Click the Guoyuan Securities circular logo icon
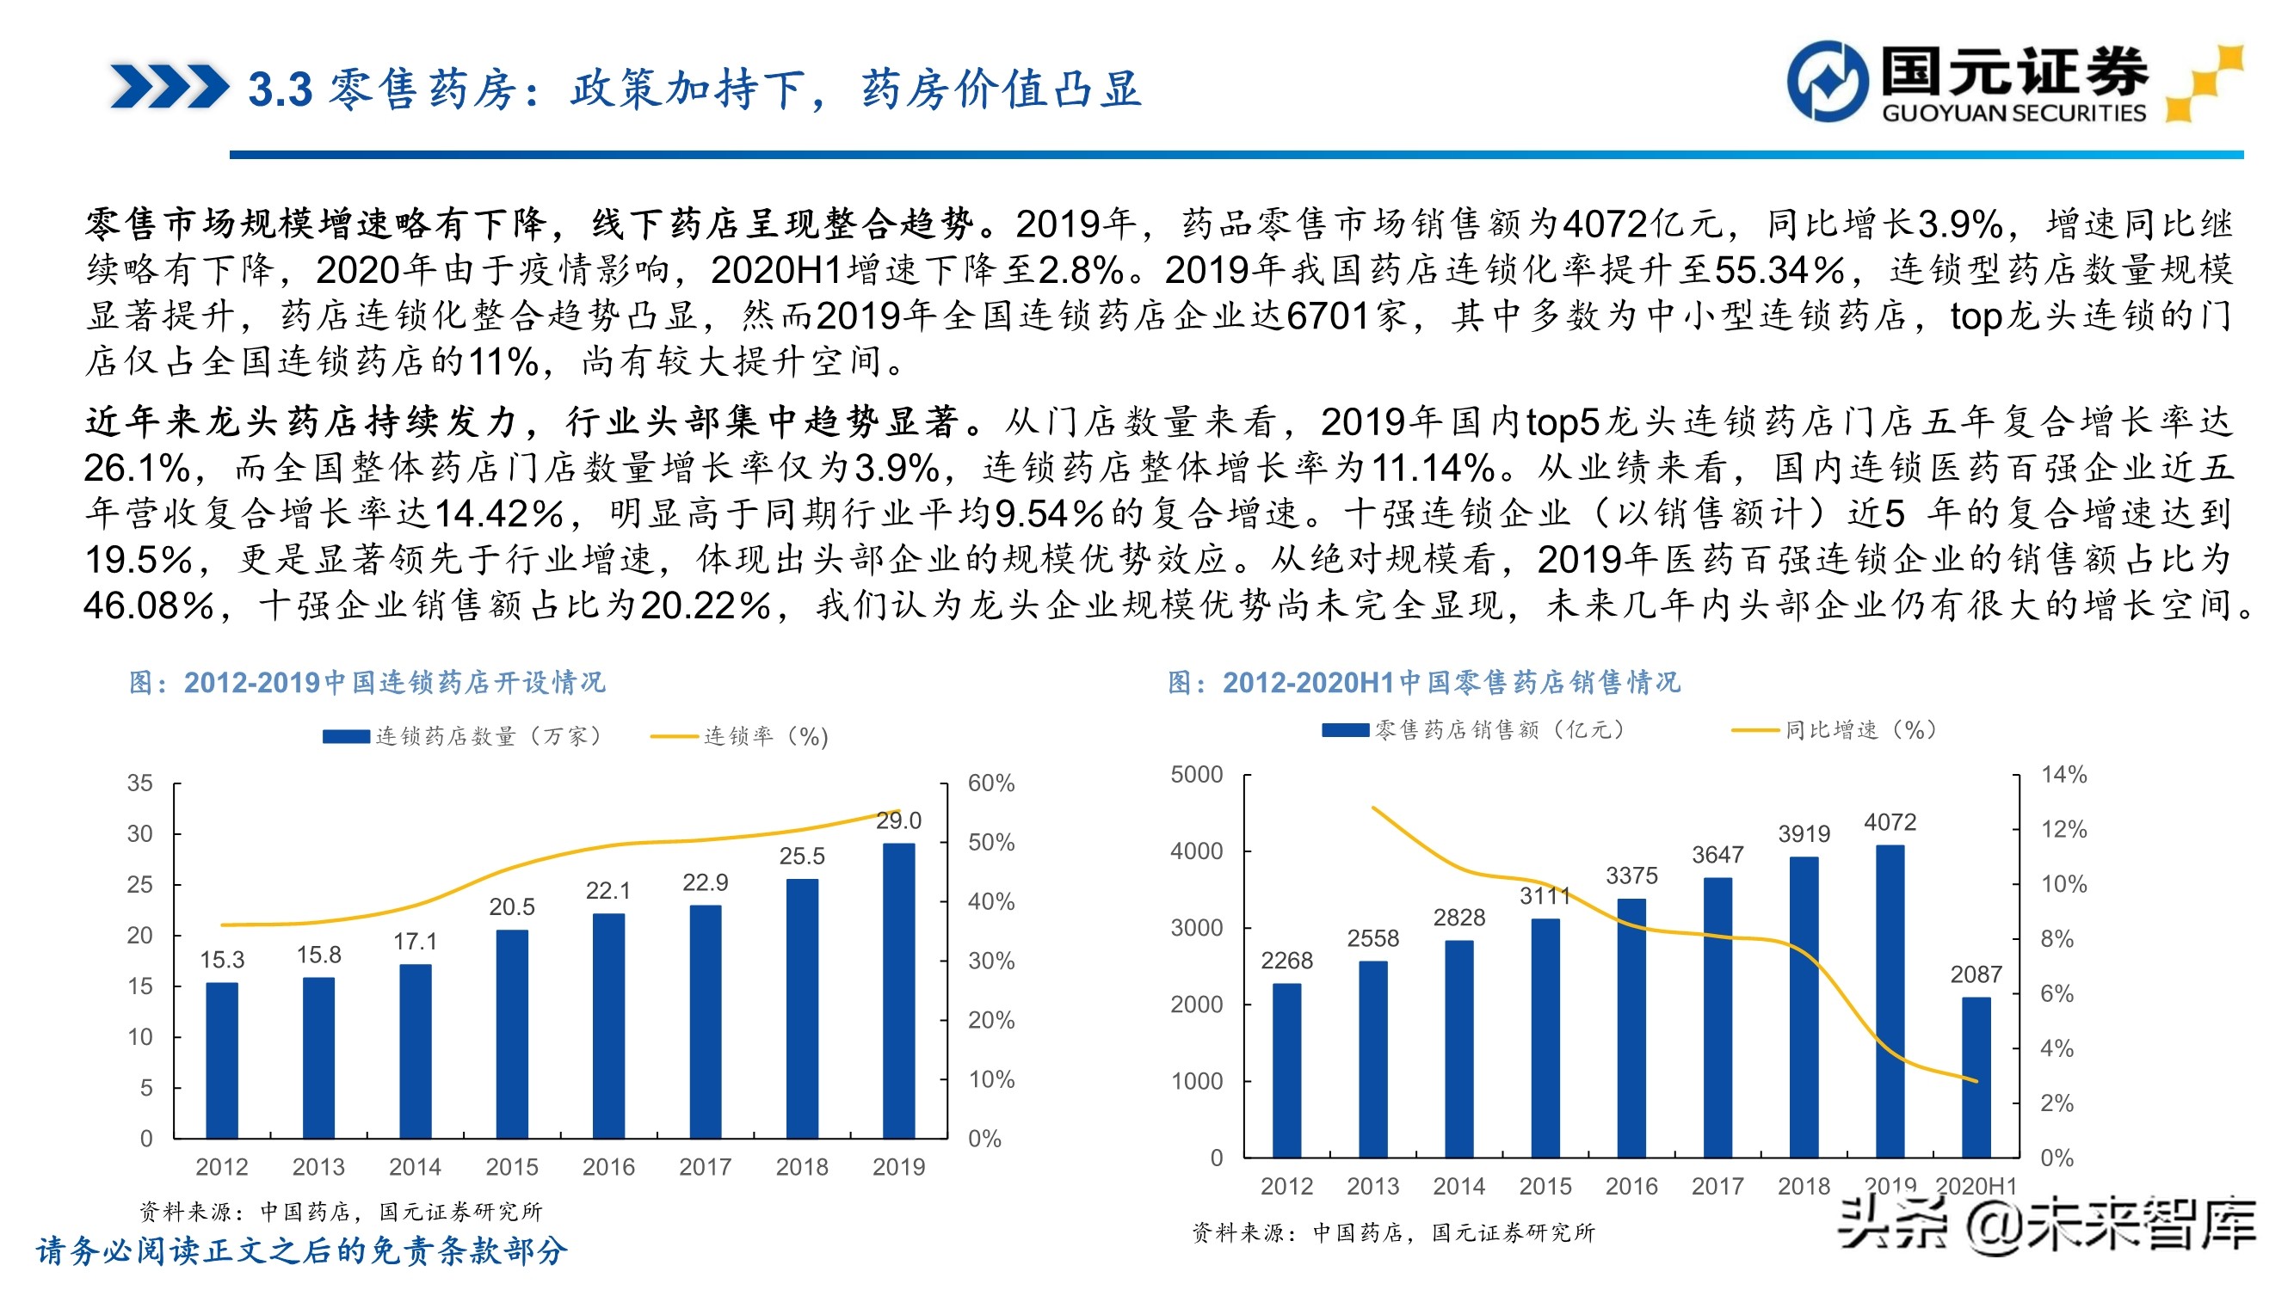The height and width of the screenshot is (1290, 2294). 1827,81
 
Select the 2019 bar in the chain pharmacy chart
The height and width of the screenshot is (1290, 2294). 898,990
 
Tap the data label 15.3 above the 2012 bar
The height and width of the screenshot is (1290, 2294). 222,960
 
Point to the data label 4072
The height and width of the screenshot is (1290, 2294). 1889,823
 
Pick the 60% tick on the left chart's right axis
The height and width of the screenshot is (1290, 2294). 990,783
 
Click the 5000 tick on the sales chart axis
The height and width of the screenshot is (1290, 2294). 1196,775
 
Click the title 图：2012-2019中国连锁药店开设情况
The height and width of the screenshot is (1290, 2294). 367,683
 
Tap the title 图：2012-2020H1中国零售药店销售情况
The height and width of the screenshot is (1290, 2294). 1423,683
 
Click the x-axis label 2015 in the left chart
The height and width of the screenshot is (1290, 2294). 511,1167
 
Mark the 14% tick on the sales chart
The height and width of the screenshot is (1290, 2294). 2063,775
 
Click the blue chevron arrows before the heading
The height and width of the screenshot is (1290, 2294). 169,87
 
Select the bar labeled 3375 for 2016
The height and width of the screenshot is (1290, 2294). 1631,1028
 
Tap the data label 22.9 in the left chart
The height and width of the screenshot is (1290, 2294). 705,882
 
